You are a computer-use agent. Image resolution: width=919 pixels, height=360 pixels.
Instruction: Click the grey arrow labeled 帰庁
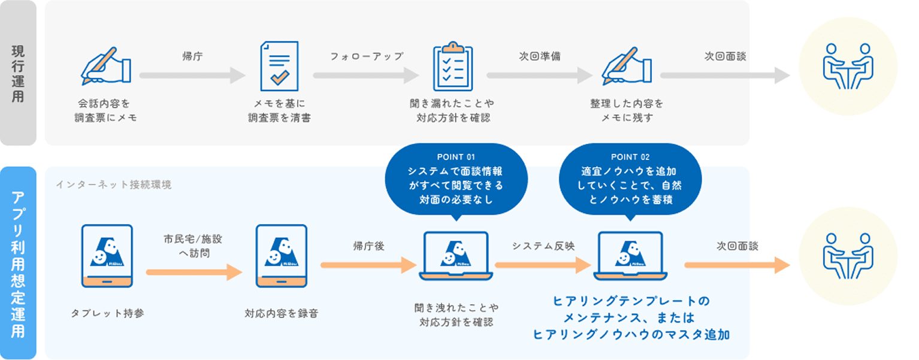pos(192,75)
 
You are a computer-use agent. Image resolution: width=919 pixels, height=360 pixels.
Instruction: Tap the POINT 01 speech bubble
pos(455,179)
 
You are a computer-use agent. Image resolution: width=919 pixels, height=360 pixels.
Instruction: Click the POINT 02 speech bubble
pos(630,179)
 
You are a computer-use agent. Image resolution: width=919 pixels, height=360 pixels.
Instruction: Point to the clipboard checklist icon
pos(453,66)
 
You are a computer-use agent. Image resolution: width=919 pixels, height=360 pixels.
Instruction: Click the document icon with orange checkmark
pos(279,66)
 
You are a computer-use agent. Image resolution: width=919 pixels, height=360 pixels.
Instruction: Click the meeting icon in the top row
pos(848,66)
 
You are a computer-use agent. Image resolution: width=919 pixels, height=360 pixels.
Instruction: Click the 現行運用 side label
pos(18,72)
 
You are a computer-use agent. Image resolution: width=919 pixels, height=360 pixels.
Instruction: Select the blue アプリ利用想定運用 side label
pos(18,264)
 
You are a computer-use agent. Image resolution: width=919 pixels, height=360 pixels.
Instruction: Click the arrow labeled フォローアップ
pos(365,75)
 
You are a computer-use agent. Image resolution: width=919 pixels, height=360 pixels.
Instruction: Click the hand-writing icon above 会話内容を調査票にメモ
pos(106,66)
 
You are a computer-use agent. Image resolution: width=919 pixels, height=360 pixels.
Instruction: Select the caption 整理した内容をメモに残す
pos(627,111)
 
